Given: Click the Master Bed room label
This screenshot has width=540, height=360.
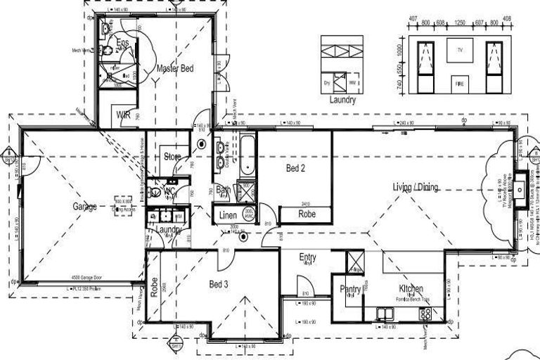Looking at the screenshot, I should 175,69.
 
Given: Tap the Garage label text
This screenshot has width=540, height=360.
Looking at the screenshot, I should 84,207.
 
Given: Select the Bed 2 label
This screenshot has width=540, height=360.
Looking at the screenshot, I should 296,168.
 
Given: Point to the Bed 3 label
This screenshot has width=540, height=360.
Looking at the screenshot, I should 220,284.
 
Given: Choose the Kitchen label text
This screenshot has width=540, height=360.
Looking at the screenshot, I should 411,289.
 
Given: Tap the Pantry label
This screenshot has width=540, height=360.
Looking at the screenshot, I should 350,289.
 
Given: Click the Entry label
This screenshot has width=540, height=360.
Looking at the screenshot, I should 307,257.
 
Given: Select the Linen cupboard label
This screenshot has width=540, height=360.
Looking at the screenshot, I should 227,214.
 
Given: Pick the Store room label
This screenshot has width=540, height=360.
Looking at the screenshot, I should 172,156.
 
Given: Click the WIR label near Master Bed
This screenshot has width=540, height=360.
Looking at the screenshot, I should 122,115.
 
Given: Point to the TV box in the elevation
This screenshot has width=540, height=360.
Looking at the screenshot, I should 460,51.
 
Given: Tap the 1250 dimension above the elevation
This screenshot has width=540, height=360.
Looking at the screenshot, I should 460,23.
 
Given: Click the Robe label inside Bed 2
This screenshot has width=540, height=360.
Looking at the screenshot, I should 307,214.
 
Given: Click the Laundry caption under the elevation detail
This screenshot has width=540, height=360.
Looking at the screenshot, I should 342,100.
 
